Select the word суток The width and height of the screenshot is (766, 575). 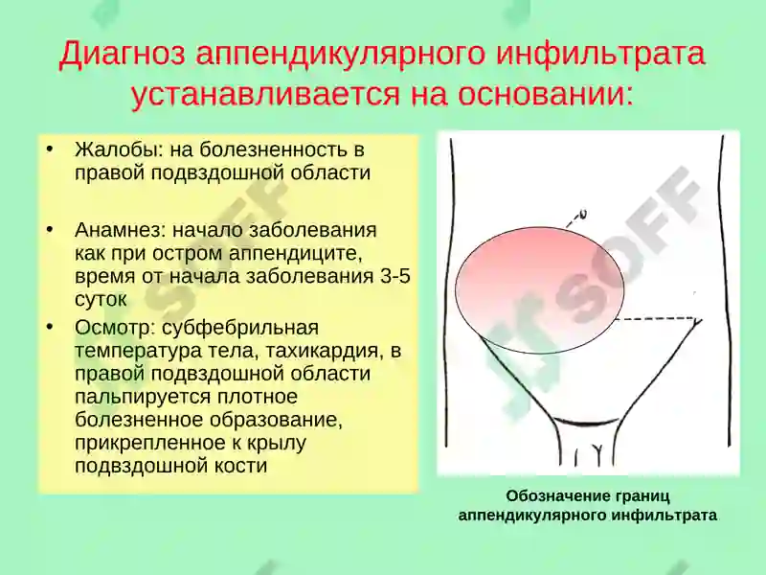[x=101, y=299]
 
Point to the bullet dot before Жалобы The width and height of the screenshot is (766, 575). [x=50, y=149]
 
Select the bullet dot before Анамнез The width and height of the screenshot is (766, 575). [x=50, y=230]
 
